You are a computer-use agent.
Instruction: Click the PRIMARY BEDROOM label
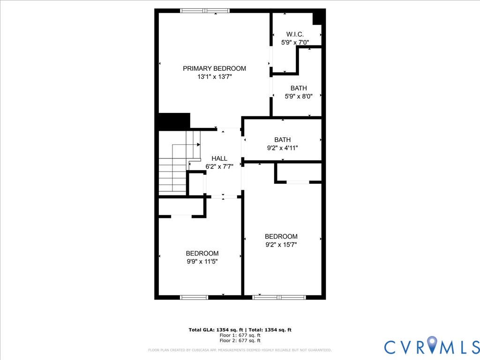coord(214,68)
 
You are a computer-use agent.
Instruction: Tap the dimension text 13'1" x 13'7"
coord(214,77)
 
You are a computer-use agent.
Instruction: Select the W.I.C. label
coord(295,34)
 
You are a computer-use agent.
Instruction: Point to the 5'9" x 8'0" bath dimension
coord(299,97)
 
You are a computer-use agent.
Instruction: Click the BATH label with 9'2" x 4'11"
coord(282,140)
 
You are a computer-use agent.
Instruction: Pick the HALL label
coord(219,158)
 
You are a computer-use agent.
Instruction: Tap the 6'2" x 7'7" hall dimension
coord(219,166)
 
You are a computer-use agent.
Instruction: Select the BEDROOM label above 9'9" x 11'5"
coord(202,253)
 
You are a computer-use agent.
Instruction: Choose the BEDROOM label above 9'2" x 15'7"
coord(281,236)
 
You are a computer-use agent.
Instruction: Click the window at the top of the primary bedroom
coord(205,11)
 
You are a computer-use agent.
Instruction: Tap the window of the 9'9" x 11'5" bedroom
coord(194,297)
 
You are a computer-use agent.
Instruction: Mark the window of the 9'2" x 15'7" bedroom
coord(279,297)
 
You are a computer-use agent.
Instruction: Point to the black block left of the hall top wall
coord(174,121)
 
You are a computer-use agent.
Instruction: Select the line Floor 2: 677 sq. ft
coord(240,341)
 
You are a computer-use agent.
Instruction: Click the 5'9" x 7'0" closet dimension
coord(295,42)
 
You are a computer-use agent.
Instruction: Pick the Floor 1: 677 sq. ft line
coord(240,335)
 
